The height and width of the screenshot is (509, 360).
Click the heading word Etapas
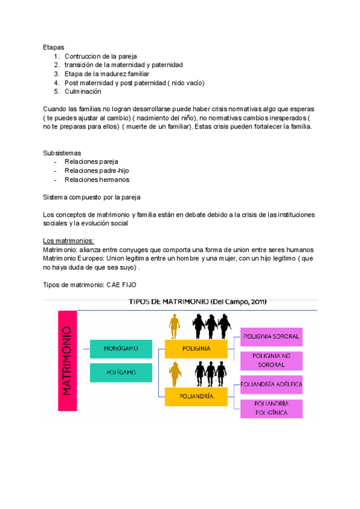53,46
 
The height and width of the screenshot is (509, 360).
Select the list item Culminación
83,91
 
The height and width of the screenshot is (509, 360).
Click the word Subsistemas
62,152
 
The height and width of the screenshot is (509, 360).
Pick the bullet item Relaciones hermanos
97,179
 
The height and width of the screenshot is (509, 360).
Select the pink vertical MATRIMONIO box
68,360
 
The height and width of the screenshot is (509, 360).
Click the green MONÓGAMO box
121,348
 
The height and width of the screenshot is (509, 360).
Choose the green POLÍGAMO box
121,372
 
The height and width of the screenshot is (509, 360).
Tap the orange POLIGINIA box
196,348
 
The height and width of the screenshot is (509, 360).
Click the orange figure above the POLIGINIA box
175,328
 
